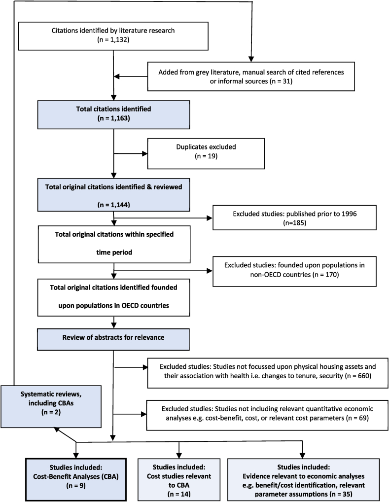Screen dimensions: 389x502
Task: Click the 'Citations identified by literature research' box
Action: point(113,36)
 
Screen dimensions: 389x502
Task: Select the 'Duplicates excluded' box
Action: point(206,153)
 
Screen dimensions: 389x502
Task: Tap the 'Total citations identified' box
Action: point(114,114)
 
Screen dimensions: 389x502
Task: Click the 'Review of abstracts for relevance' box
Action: point(113,339)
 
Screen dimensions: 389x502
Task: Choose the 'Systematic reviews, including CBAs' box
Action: point(51,407)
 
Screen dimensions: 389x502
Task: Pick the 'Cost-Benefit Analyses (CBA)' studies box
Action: point(76,479)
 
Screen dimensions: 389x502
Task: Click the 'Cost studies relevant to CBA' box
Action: point(179,479)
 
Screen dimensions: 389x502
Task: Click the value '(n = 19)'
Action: point(206,156)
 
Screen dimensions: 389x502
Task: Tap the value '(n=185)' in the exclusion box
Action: point(294,222)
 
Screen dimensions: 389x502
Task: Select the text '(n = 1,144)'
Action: point(114,205)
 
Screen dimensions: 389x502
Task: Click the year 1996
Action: point(349,214)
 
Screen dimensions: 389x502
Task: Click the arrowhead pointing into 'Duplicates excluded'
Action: point(145,154)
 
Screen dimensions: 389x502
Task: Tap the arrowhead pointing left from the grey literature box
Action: point(117,76)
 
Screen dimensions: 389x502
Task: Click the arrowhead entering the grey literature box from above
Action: point(251,59)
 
